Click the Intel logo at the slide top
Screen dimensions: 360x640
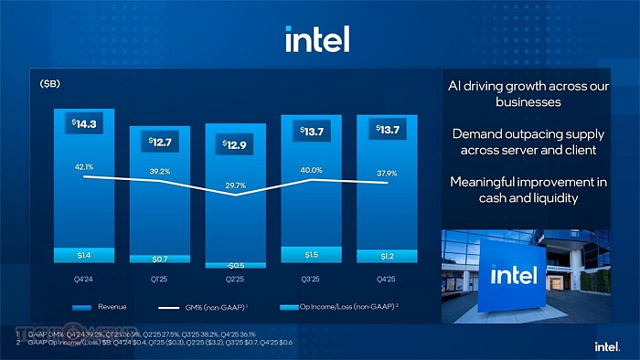pyautogui.click(x=317, y=39)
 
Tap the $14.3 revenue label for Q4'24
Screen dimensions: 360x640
pyautogui.click(x=84, y=122)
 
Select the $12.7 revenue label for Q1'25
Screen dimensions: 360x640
pyautogui.click(x=160, y=142)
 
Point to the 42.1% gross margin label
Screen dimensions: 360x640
pyautogui.click(x=84, y=167)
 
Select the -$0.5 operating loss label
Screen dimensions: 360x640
pyautogui.click(x=236, y=265)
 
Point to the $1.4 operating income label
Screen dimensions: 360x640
pyautogui.click(x=84, y=255)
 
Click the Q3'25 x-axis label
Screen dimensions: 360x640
pyautogui.click(x=310, y=279)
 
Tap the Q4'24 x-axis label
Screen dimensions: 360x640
pyautogui.click(x=84, y=279)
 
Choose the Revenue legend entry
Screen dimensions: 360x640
pyautogui.click(x=100, y=307)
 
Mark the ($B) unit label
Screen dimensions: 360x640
pyautogui.click(x=50, y=84)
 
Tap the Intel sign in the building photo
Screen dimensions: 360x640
pyautogui.click(x=515, y=274)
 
